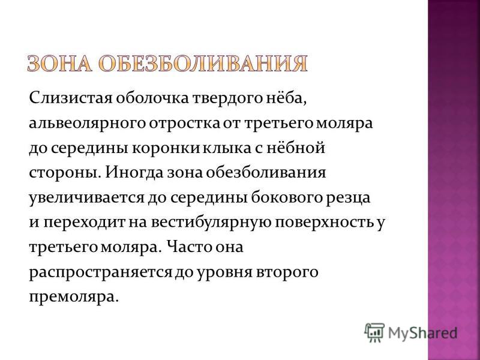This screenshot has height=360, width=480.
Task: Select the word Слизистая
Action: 71,98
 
